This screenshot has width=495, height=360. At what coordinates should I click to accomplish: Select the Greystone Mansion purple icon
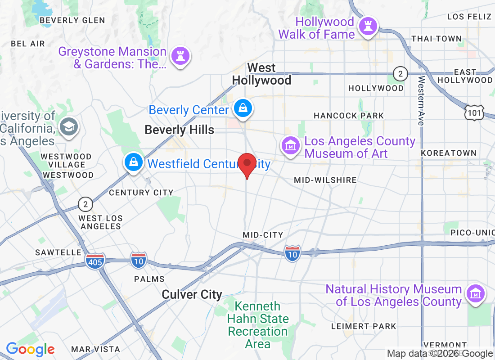pos(180,56)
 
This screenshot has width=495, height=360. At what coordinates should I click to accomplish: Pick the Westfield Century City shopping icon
pos(134,163)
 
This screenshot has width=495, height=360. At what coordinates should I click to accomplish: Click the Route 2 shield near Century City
pos(85,205)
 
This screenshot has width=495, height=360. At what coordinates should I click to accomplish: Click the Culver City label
pos(192,295)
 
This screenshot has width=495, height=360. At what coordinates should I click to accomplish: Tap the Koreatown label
pos(448,153)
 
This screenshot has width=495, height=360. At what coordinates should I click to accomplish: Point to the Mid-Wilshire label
pos(325,180)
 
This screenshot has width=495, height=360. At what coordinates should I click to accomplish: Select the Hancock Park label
pos(349,116)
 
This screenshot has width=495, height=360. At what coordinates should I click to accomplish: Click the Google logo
pos(30,349)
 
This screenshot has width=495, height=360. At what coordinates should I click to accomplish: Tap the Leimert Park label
pos(364,326)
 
